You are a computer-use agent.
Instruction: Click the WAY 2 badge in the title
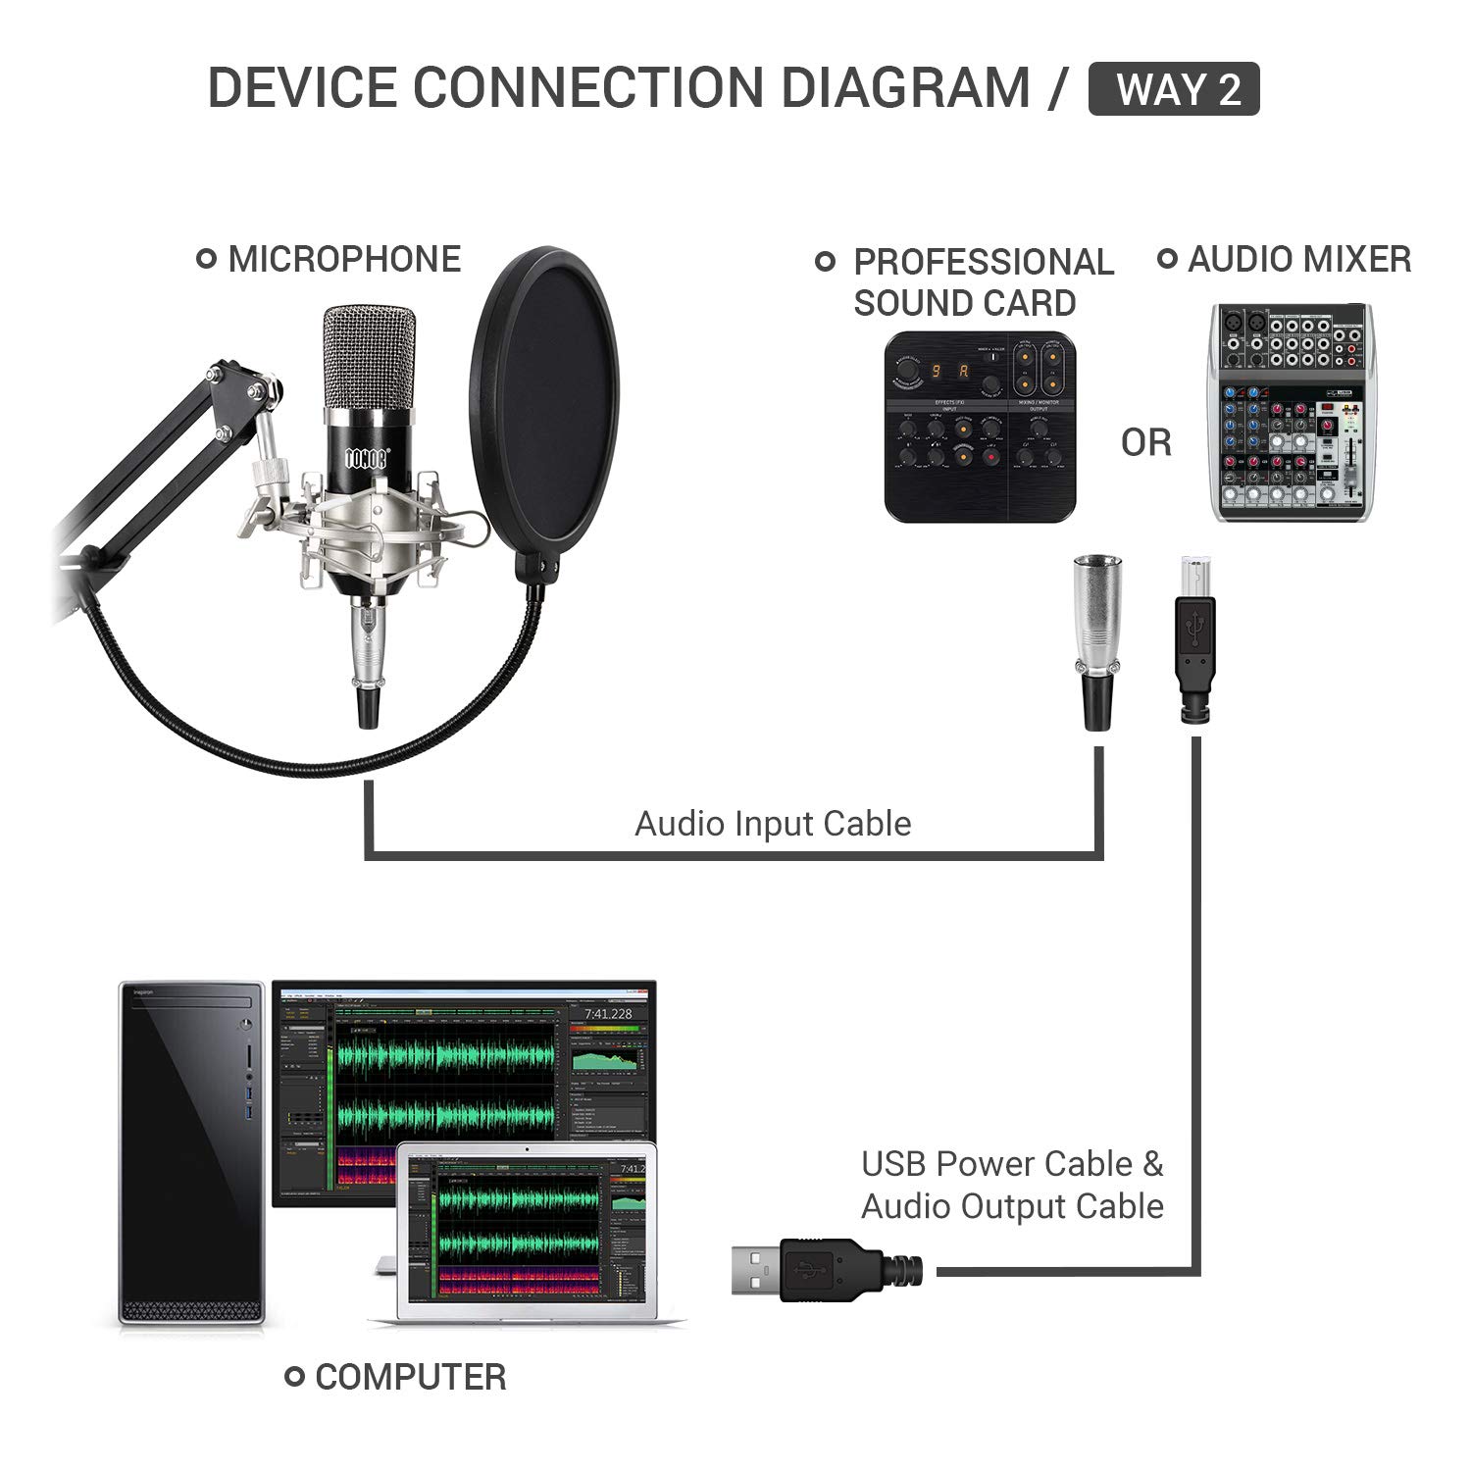1174,89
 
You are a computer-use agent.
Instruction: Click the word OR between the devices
1145,443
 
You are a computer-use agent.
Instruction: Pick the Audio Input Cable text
773,824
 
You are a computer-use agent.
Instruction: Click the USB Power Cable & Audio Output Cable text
1012,1185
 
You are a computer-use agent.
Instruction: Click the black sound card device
980,427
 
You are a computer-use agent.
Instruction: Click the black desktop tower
191,1152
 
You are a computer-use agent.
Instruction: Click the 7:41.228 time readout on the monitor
608,1013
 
